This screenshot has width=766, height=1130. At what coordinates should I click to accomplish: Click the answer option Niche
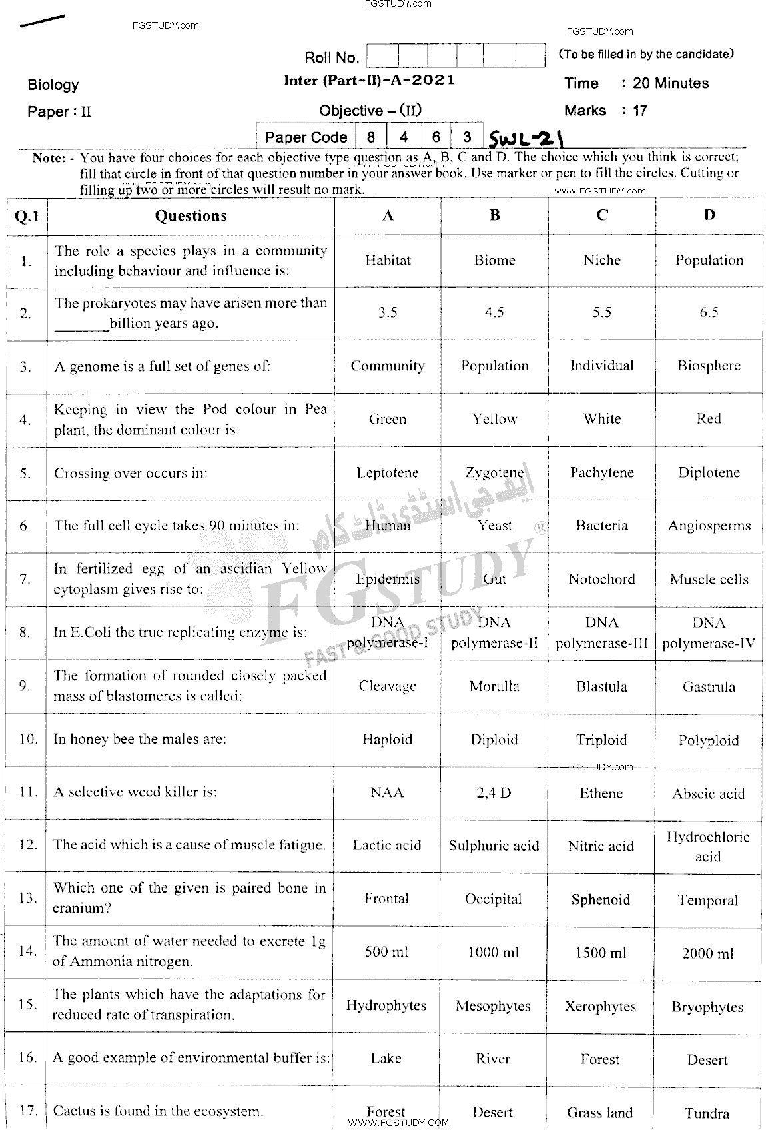coord(601,260)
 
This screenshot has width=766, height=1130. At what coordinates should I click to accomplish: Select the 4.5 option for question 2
coord(494,312)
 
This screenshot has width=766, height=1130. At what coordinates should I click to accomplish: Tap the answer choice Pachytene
coord(601,472)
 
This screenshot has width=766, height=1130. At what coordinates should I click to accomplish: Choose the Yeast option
coord(494,526)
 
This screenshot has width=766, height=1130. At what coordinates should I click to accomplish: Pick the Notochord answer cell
coord(601,579)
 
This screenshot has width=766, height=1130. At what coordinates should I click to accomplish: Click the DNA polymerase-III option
coord(601,633)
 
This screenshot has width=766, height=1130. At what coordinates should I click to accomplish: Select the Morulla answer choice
coord(494,686)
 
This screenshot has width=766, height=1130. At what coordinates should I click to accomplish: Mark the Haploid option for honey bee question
coord(387,740)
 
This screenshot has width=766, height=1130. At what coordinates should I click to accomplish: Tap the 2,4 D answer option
coord(494,793)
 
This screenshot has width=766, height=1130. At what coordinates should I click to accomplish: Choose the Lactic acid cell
coord(387,846)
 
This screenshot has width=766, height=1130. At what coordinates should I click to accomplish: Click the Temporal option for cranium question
coord(708,900)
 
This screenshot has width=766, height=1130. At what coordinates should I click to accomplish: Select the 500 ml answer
coord(386,952)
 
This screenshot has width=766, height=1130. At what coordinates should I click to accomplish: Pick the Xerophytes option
coord(600,1006)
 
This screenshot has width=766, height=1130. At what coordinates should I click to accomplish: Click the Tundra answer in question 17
coord(707,1113)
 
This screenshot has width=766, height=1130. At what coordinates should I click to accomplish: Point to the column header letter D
coord(709,215)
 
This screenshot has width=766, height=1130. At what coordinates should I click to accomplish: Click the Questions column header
coord(191,215)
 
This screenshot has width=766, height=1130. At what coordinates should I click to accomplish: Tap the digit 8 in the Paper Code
coord(370,137)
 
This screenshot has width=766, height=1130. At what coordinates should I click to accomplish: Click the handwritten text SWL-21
coord(526,139)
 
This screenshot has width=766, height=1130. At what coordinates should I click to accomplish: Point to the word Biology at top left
coord(53,85)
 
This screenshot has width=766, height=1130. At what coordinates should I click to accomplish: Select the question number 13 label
coord(27,898)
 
